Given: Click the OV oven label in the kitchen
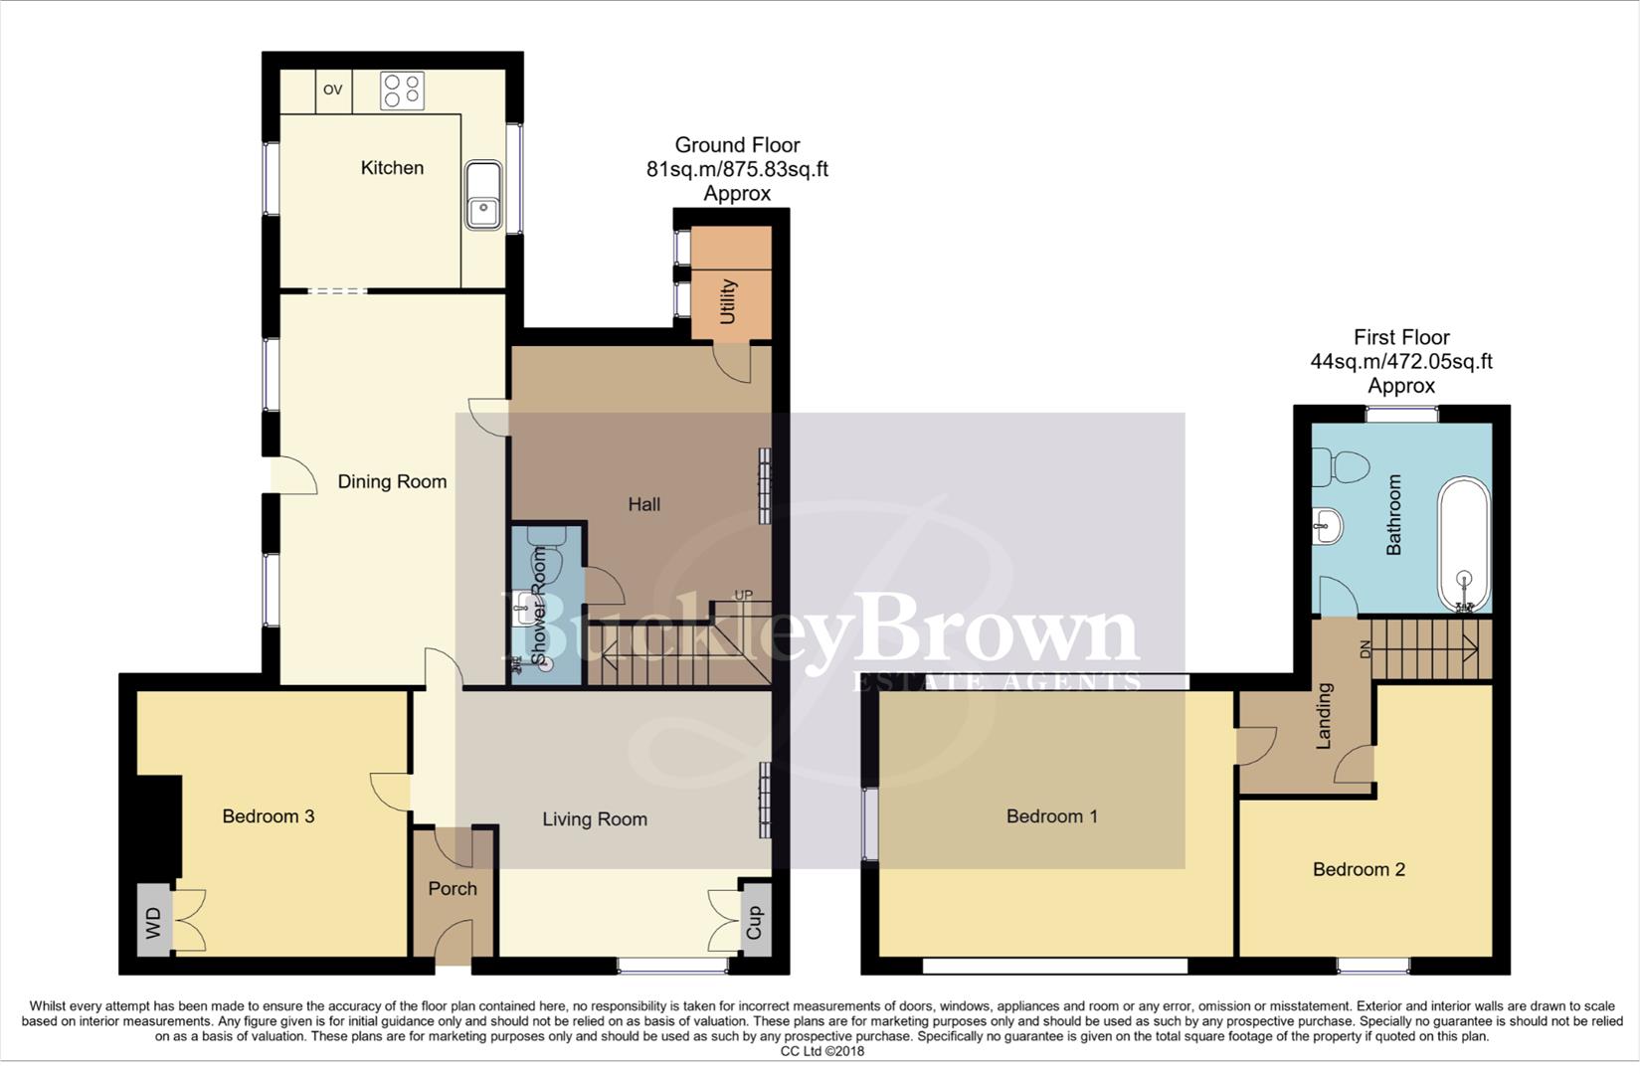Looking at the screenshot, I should point(333,89).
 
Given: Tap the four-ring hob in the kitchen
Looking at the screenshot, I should point(403,90).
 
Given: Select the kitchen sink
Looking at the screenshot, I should point(483,195).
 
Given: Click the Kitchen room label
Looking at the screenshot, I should point(392,168).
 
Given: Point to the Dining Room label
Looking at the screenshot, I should point(392,482).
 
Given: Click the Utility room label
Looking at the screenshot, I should point(728,301).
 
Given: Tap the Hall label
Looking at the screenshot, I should point(643,504).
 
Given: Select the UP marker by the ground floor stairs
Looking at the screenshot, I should point(743,595).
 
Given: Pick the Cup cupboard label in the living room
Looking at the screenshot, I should point(754,922).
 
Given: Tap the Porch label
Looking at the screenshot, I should point(453,888).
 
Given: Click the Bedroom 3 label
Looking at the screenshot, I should point(269,816).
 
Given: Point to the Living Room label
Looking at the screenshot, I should point(595,819).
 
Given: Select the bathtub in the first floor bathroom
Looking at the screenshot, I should point(1464,545).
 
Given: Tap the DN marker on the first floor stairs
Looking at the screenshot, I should point(1365,648).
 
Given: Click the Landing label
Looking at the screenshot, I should point(1324,716).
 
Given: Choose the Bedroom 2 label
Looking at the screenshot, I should point(1359,870).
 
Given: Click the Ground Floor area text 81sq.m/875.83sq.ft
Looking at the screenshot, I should point(737,169).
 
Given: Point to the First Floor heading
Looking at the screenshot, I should point(1401,337).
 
